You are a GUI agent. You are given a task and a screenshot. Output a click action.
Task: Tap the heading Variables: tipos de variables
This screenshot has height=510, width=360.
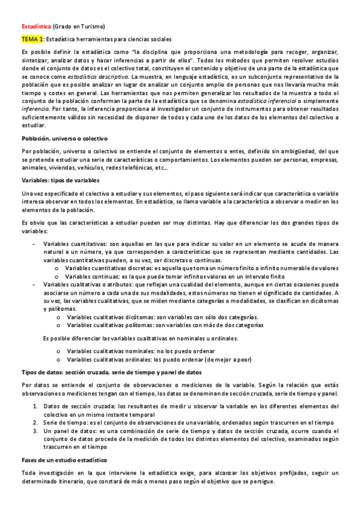point(56,180)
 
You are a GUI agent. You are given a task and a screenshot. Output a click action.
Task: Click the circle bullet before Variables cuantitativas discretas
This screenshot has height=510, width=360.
point(57,268)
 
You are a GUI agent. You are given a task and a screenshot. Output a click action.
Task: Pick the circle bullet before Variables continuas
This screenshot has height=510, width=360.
point(57,276)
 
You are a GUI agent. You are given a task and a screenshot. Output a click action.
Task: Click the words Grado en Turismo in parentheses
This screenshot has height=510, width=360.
point(79,26)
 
